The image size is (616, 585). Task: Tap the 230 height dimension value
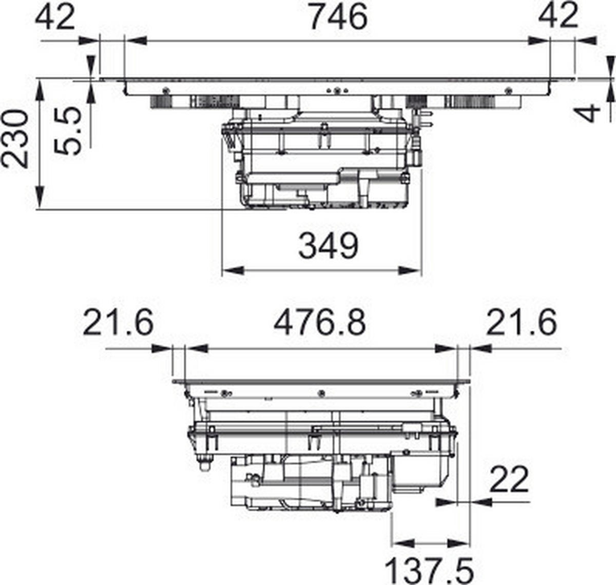[15, 138]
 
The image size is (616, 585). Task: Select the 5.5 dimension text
[67, 131]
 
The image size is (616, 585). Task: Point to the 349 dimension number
[328, 246]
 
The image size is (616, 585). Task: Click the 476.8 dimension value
[319, 322]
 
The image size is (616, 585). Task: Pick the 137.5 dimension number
[429, 571]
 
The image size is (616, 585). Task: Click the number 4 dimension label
[590, 113]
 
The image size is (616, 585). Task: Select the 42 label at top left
[55, 17]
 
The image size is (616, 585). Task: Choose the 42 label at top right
[559, 17]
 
